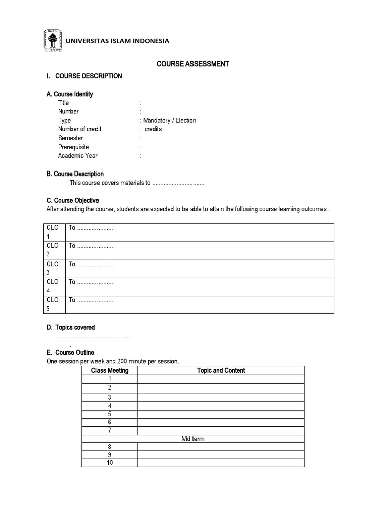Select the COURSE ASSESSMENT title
tap(193, 64)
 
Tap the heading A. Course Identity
tap(70, 94)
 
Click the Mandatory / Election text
tap(169, 120)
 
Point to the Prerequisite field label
tap(73, 147)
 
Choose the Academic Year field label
tap(78, 156)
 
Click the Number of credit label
tap(79, 129)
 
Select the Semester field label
tap(70, 138)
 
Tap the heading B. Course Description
tap(75, 174)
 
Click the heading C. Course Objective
tap(73, 200)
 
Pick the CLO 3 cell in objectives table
tap(53, 269)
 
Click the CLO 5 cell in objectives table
tap(53, 305)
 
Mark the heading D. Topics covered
tap(71, 327)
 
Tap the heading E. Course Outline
tap(70, 353)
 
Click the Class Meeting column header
tap(110, 370)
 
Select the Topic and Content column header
tap(221, 370)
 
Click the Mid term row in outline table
tap(193, 439)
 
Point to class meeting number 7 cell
tap(110, 431)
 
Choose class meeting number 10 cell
tap(110, 463)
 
